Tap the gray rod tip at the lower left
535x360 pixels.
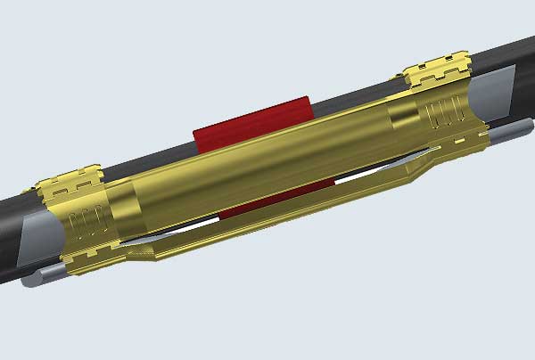pos(33,278)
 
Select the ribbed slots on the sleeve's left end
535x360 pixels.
pos(86,223)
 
